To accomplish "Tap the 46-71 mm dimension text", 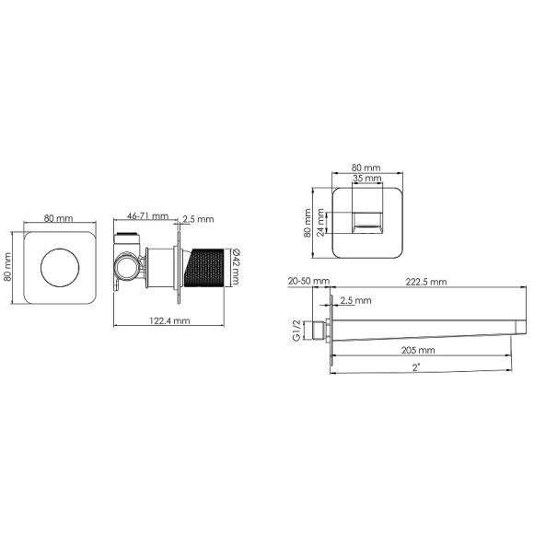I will (x=147, y=216).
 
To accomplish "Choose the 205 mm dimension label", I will (x=418, y=351).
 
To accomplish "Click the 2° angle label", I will (x=416, y=367).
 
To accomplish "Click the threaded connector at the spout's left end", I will (x=321, y=329).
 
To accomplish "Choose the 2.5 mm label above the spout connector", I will (x=354, y=301).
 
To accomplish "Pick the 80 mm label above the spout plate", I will (x=365, y=168).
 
